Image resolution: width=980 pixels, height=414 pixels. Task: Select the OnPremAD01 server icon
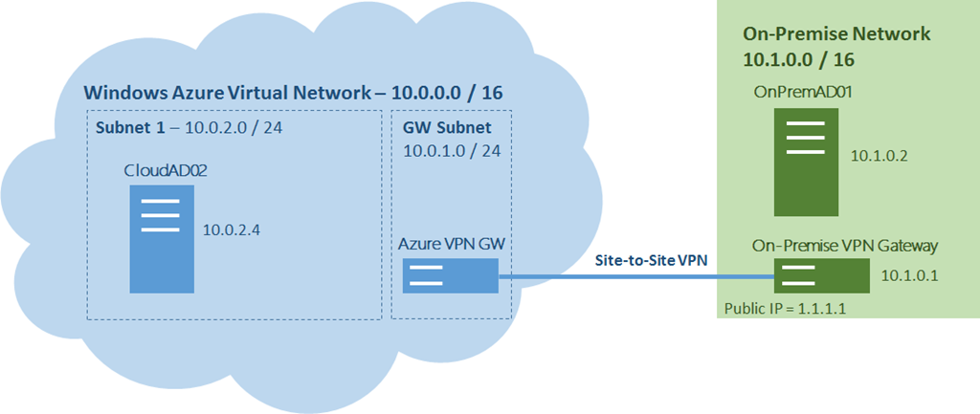click(806, 162)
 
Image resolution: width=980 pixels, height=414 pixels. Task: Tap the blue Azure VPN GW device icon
click(450, 275)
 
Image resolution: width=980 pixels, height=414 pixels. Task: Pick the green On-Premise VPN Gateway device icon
click(821, 275)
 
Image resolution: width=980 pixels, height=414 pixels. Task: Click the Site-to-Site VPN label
click(651, 261)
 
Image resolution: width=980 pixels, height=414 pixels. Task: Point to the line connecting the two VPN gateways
click(636, 275)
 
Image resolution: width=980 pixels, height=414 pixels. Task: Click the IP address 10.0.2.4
click(232, 230)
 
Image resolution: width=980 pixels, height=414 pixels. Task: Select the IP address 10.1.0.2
click(879, 156)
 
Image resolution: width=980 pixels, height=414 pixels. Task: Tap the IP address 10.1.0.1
click(909, 275)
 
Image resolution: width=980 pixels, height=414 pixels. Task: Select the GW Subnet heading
click(448, 128)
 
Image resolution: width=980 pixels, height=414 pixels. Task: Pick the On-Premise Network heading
click(836, 33)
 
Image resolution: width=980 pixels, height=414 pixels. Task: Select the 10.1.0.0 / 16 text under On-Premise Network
click(799, 60)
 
